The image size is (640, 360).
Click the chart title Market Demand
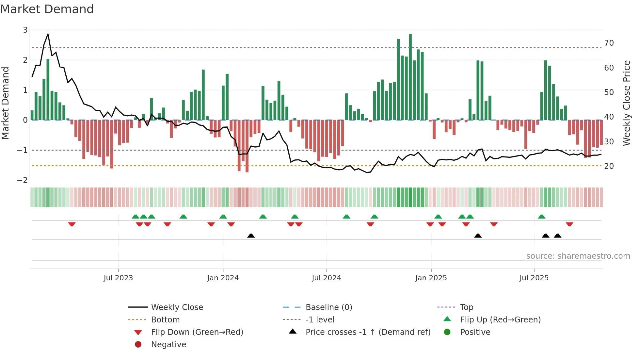pos(47,9)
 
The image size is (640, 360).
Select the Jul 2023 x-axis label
pos(118,278)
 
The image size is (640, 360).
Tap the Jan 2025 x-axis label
pos(431,278)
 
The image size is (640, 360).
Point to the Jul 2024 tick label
pos(326,278)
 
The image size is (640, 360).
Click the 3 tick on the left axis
pos(25,30)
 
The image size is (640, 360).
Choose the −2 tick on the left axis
pos(22,180)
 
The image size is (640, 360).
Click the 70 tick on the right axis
pos(609,43)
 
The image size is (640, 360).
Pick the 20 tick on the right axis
pos(609,166)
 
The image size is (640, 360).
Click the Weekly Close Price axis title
pos(626,103)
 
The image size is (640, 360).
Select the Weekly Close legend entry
pos(177,307)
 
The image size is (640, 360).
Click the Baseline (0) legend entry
pos(328,307)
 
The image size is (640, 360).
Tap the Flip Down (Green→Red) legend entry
pos(197,332)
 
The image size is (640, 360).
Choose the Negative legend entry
pos(168,345)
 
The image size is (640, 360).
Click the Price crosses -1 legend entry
pos(368,332)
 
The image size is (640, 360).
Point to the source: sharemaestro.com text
pos(578,256)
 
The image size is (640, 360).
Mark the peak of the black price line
pos(48,34)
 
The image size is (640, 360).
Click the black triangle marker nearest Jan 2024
pos(251,236)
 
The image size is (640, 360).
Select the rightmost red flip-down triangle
pos(569,224)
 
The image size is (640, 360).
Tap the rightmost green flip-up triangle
pos(542,217)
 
